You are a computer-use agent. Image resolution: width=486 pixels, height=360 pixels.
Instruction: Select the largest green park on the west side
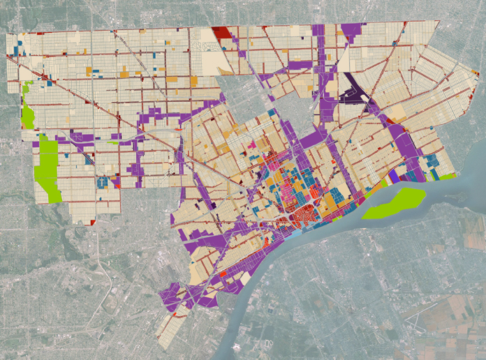point(48,167)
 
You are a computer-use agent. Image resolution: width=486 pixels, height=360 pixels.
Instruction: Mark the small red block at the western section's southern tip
point(92,222)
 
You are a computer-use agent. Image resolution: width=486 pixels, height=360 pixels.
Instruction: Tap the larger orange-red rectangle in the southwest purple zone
point(223,274)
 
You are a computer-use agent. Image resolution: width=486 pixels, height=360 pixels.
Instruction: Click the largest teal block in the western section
point(105,183)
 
